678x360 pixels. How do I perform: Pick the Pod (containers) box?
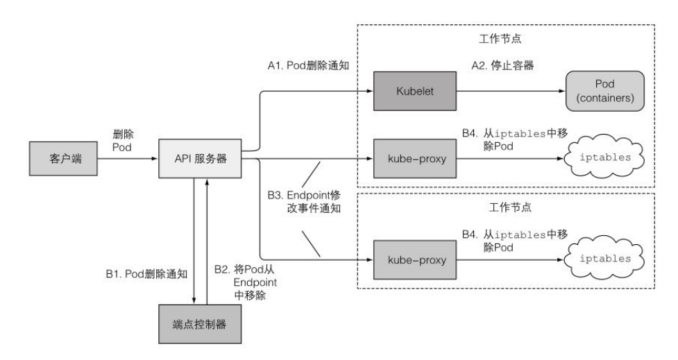click(602, 90)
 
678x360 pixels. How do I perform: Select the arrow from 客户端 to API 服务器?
click(128, 158)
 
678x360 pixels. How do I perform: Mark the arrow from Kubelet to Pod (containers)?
click(507, 90)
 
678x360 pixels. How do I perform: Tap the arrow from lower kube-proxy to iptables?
click(507, 259)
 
